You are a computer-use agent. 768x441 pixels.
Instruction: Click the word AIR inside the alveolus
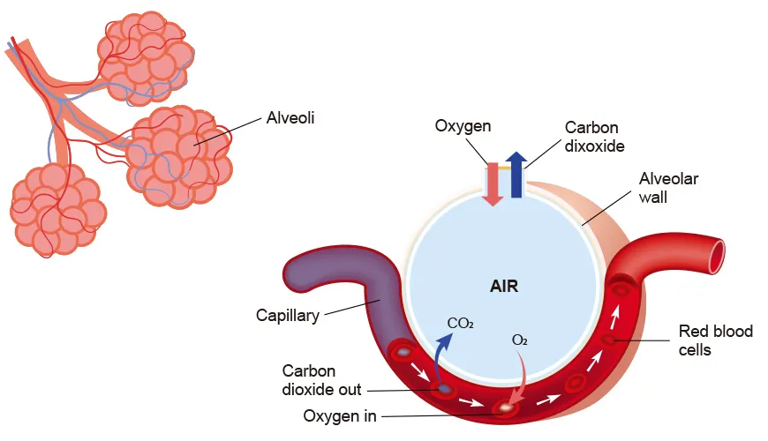click(503, 286)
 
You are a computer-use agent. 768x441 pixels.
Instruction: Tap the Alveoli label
click(290, 116)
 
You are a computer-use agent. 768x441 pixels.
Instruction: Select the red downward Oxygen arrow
click(493, 183)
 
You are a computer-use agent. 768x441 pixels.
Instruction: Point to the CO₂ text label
click(461, 324)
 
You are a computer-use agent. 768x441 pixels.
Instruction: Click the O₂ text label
click(520, 340)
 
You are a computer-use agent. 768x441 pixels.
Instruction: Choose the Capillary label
click(287, 315)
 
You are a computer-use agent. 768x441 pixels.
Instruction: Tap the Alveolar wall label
click(668, 188)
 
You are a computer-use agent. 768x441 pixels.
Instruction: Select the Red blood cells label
click(715, 340)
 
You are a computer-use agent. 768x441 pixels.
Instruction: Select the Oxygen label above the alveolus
click(462, 126)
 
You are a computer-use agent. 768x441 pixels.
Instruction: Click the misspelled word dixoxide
click(595, 146)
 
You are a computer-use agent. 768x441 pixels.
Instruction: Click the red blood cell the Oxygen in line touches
click(507, 408)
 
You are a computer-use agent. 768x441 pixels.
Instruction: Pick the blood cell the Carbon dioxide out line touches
click(444, 387)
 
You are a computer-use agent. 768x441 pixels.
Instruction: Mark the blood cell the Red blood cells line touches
click(609, 340)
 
